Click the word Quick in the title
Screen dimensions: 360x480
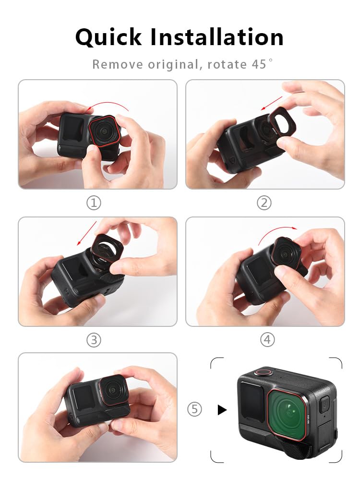coord(108,37)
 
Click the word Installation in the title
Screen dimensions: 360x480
coord(217,37)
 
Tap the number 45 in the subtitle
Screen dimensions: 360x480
coord(259,64)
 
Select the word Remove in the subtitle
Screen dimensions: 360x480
coord(118,64)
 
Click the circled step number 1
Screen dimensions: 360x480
coord(94,203)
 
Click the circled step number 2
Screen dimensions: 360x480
coord(264,203)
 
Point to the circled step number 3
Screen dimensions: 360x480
coord(94,340)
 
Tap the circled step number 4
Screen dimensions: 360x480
coord(267,339)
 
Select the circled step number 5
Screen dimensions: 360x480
coord(194,409)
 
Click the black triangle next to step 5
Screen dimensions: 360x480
coord(222,409)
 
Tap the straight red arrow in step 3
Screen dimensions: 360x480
coord(86,233)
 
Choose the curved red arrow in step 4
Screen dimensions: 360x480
coord(277,229)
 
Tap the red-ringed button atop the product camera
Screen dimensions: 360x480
coord(264,372)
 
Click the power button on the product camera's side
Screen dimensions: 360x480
coord(324,404)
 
